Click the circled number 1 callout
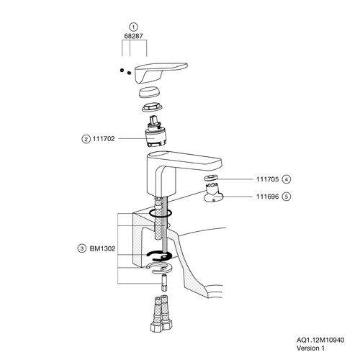[x=133, y=27]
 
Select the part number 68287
[x=133, y=36]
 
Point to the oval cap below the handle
[x=150, y=92]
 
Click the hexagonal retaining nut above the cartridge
[x=152, y=107]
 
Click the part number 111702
[x=104, y=139]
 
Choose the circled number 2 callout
[x=86, y=139]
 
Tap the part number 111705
[x=267, y=179]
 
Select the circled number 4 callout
[x=287, y=179]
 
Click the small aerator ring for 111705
[x=211, y=178]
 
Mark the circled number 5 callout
[x=287, y=197]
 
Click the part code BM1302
[x=102, y=248]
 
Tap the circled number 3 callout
[x=82, y=248]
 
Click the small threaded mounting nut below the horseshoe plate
[x=164, y=283]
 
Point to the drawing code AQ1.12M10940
[x=320, y=340]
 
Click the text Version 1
[x=310, y=348]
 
